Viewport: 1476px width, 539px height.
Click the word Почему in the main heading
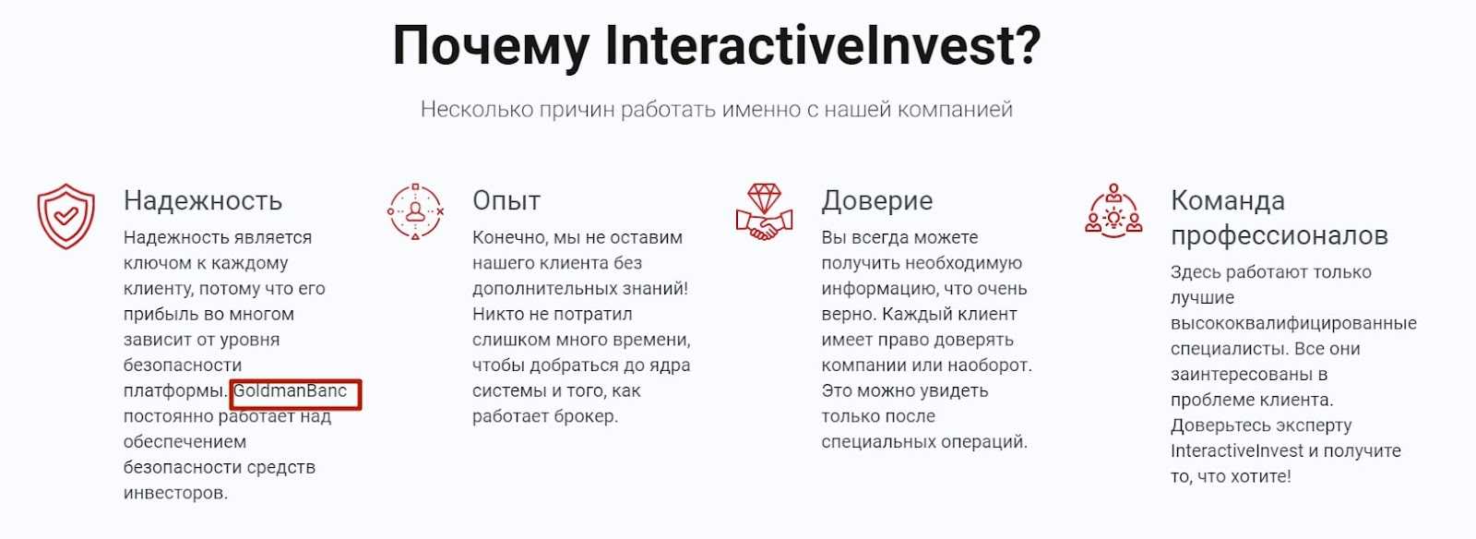(x=491, y=47)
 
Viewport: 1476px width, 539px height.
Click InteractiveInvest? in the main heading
(x=823, y=45)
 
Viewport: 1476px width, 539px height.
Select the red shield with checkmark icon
(x=65, y=216)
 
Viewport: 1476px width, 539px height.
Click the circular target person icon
(x=415, y=211)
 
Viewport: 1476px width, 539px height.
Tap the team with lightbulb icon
(x=1113, y=210)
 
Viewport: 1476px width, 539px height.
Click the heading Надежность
(x=203, y=200)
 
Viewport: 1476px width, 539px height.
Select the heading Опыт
(x=506, y=200)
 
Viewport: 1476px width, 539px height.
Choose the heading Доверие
(x=877, y=200)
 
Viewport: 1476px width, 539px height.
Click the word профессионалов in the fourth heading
(x=1280, y=235)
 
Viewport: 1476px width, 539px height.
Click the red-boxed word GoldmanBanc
(x=290, y=390)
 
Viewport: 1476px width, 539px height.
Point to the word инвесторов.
(x=176, y=493)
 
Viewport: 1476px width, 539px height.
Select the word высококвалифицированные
(x=1293, y=323)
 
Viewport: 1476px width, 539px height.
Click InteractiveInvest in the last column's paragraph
(x=1237, y=450)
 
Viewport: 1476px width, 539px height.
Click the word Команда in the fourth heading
(x=1228, y=200)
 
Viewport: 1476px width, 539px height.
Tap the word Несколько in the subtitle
(x=476, y=109)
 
